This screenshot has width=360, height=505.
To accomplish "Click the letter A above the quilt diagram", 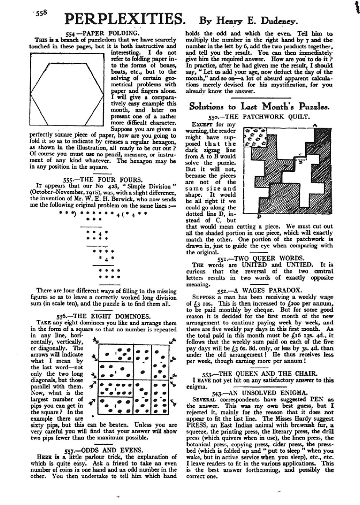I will tap(315, 125).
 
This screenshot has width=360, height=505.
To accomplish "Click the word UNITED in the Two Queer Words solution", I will tap(252, 265).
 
